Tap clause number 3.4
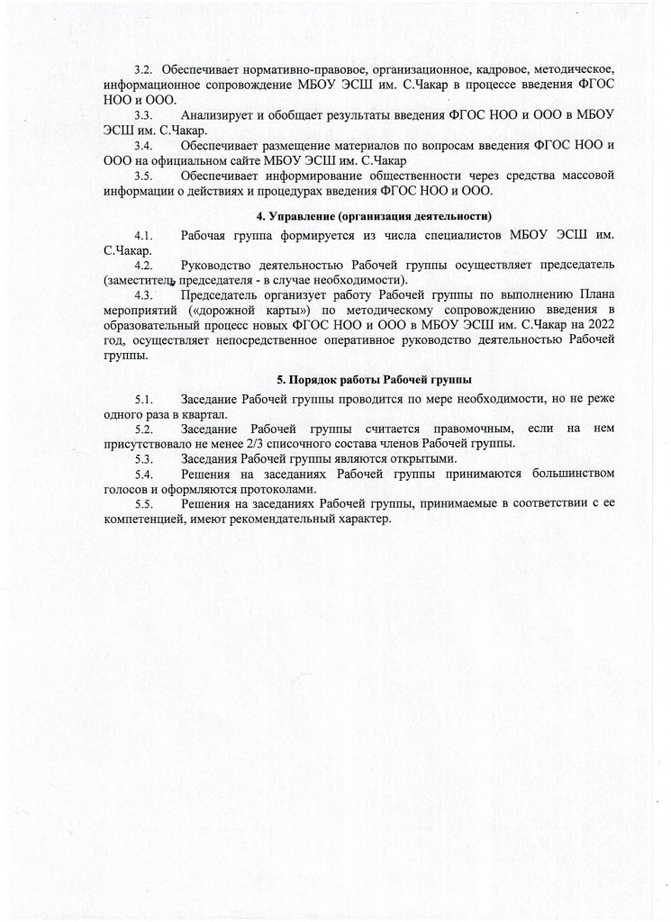[144, 145]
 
